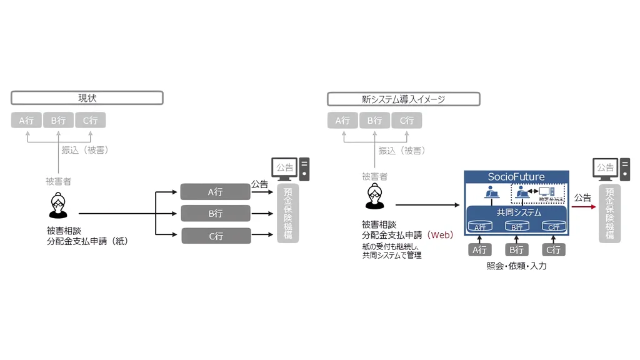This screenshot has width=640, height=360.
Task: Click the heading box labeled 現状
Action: [87, 98]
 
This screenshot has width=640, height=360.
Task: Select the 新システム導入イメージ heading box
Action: [403, 99]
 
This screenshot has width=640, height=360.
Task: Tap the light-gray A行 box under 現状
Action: [26, 120]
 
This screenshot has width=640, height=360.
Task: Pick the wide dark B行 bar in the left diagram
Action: [215, 214]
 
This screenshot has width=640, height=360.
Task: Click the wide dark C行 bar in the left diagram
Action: [216, 236]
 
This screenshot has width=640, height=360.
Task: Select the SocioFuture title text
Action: [516, 177]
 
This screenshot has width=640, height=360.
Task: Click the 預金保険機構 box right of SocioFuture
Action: [609, 213]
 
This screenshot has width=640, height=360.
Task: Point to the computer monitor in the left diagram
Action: [285, 168]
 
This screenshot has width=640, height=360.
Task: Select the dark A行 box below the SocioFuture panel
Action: [479, 250]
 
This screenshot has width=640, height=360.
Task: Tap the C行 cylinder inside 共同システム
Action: [553, 227]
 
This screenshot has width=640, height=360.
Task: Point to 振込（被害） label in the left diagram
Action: [85, 151]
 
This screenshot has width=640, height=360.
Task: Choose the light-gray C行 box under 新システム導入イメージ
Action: [406, 120]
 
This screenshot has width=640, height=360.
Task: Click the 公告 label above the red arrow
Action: [582, 198]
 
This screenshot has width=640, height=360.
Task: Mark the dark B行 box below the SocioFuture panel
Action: [516, 250]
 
